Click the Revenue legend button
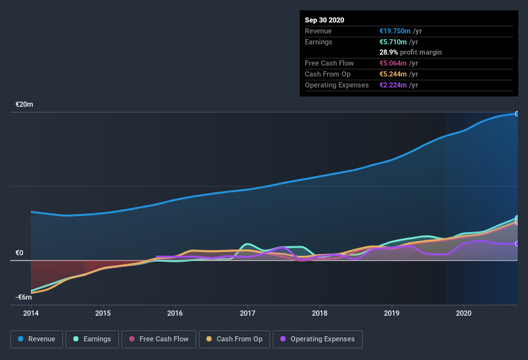(x=37, y=339)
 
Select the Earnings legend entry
(x=92, y=339)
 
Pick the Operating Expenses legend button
(x=318, y=339)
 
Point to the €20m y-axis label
(x=24, y=104)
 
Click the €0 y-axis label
(x=20, y=253)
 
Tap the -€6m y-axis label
(x=24, y=297)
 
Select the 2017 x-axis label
(x=248, y=313)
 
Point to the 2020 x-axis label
(x=464, y=313)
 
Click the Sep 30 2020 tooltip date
(x=324, y=20)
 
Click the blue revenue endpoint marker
(x=517, y=114)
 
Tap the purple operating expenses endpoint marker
(x=517, y=244)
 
